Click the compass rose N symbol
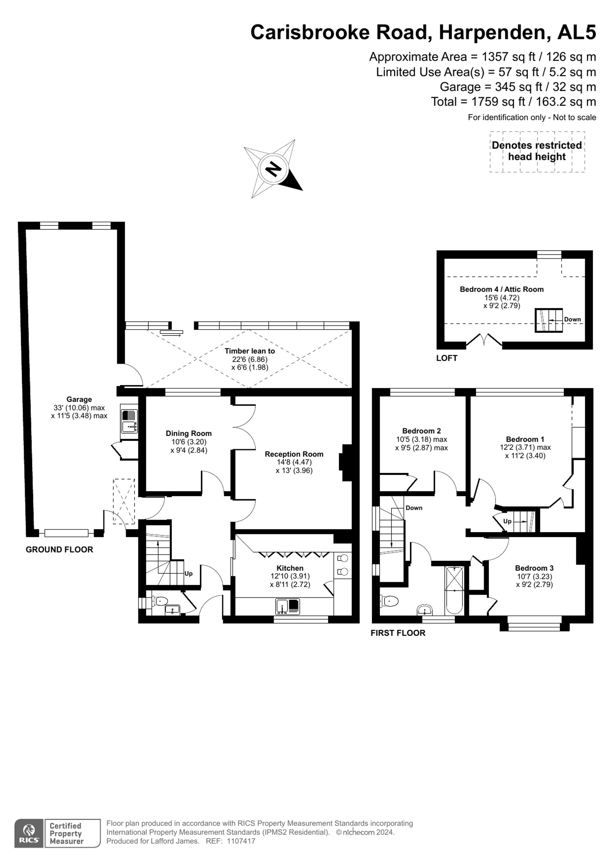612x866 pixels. (x=274, y=169)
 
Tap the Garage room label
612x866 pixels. (x=79, y=399)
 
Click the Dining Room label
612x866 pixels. (x=188, y=433)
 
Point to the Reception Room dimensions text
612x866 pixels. (x=294, y=466)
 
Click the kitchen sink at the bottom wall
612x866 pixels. (x=288, y=607)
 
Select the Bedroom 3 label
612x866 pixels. (x=534, y=568)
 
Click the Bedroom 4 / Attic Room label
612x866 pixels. (x=502, y=289)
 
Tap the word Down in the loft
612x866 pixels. (x=572, y=319)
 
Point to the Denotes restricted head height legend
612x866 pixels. (x=537, y=151)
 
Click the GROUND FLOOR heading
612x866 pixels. (x=59, y=550)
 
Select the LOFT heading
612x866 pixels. (x=446, y=358)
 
